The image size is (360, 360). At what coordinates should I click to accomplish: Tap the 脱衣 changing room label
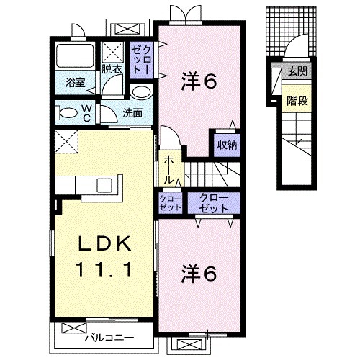pos(110,70)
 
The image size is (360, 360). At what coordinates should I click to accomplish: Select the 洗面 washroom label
pos(131,112)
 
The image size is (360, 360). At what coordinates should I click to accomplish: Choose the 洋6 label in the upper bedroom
pos(199,82)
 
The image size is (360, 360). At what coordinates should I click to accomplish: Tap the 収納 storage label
pos(228,143)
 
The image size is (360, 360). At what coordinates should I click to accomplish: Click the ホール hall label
pos(168,168)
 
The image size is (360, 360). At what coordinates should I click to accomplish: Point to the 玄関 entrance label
pos(296,72)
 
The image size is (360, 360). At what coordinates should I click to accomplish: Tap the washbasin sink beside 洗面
pos(140,92)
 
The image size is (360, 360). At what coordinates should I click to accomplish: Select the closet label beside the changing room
pos(140,57)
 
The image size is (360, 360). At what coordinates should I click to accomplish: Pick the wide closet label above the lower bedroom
pos(213,202)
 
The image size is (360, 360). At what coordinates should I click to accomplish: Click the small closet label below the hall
pos(170,202)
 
